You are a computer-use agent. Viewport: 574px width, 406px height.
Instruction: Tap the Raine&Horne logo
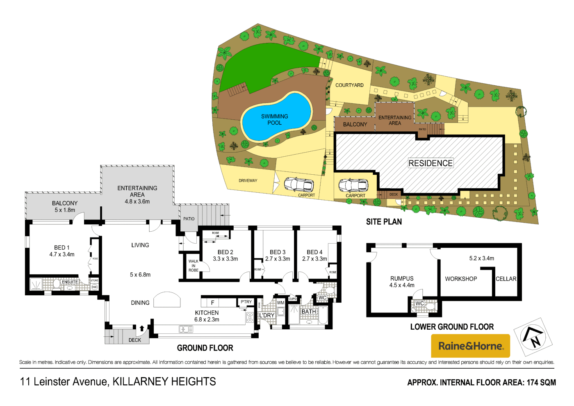point(470,346)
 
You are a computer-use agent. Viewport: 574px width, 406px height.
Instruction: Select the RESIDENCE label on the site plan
point(430,163)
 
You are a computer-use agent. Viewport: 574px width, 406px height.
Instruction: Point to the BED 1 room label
point(62,248)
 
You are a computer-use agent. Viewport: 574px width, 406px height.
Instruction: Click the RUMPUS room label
point(402,278)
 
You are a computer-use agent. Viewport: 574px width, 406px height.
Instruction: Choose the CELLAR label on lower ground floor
point(506,279)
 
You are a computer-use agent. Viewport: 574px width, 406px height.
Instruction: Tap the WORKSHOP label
point(461,279)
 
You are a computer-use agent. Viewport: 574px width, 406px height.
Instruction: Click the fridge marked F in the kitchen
point(212,303)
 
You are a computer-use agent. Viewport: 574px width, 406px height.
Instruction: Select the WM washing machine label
point(280,303)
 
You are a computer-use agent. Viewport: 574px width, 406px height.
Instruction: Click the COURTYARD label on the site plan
point(349,85)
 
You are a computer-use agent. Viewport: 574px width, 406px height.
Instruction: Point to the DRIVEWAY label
point(248,180)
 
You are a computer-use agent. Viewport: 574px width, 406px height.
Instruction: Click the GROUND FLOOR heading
point(205,348)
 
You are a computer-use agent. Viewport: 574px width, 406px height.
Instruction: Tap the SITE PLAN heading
point(384,222)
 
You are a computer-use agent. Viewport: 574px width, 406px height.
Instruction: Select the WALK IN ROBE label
point(194,266)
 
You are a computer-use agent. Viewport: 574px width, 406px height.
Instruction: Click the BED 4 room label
point(314,252)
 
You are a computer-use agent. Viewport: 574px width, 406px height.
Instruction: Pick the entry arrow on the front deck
point(142,328)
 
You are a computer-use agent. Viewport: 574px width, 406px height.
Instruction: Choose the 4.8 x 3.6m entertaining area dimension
point(137,202)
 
